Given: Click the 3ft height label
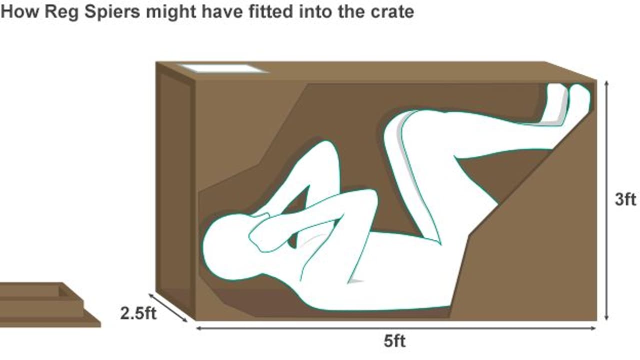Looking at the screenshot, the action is pos(625,199).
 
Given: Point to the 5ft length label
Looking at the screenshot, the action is pos(394,341).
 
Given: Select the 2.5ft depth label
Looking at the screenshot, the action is pos(138,313).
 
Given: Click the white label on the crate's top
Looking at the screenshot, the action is pos(223,68).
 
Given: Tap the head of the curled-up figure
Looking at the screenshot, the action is pos(228,247).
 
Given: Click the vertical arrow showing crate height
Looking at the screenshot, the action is pos(607,200).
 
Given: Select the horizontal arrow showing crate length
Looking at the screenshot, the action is pos(396,328).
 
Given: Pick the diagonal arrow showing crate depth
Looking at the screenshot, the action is pos(168,307).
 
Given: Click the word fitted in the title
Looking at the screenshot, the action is pos(270,12).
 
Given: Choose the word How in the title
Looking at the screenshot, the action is pos(19,12).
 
